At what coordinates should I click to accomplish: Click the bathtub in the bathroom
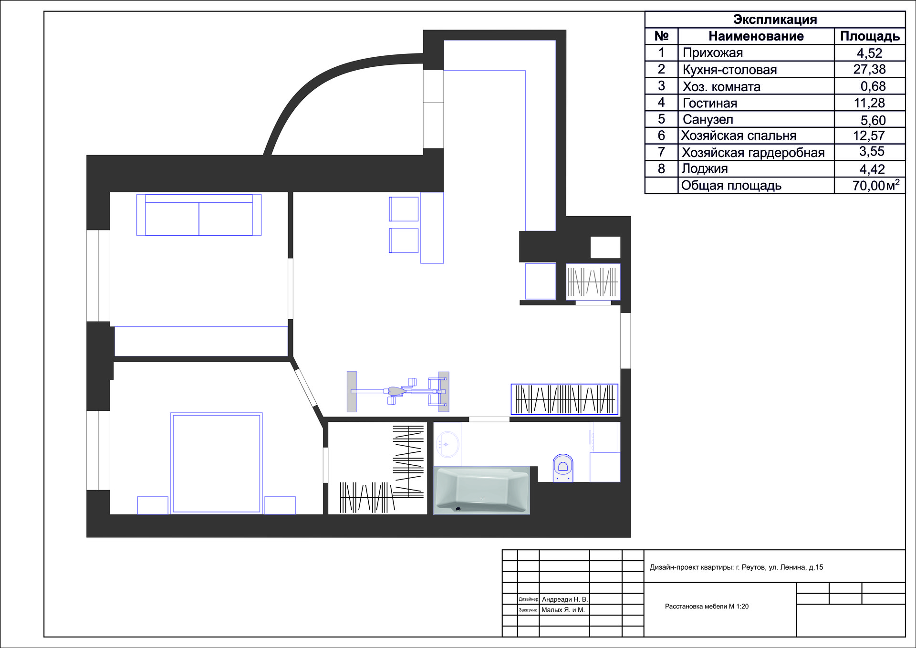(481, 490)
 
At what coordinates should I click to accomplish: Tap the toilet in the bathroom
(563, 468)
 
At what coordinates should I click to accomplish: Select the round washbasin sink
(447, 444)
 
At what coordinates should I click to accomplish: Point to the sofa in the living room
(199, 215)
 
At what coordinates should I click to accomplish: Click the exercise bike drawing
(398, 391)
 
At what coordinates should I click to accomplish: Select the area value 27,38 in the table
(869, 70)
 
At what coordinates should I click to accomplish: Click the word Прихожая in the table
(713, 53)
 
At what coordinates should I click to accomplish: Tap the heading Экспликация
(775, 20)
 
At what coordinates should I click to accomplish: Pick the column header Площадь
(870, 36)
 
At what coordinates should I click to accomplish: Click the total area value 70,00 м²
(876, 185)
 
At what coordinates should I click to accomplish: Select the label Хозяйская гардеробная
(753, 153)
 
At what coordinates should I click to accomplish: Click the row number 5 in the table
(661, 119)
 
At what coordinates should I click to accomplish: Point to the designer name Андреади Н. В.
(565, 599)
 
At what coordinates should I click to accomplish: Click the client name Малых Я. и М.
(563, 610)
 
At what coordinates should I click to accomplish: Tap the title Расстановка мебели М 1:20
(707, 606)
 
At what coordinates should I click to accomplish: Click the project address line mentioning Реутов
(736, 567)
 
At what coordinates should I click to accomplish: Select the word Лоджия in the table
(705, 168)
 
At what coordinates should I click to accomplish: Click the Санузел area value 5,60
(873, 120)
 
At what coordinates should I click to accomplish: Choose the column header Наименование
(756, 36)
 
